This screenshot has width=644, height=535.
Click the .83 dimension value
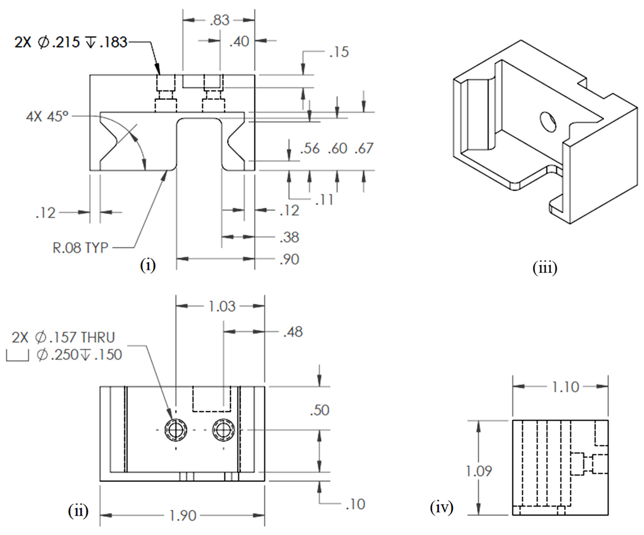[220, 20]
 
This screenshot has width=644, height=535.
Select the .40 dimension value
[239, 41]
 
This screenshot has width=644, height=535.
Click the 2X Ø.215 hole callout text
[71, 42]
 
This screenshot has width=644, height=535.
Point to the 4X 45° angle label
[47, 117]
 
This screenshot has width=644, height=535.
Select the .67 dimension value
[364, 148]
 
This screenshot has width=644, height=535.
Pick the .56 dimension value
[310, 148]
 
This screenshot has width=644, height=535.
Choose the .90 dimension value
[289, 259]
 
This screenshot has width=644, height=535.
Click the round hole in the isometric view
[548, 122]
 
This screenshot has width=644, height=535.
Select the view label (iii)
[545, 268]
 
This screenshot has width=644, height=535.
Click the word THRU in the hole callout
[98, 337]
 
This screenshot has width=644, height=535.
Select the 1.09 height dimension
[478, 471]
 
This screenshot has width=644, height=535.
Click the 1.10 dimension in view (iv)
[565, 387]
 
